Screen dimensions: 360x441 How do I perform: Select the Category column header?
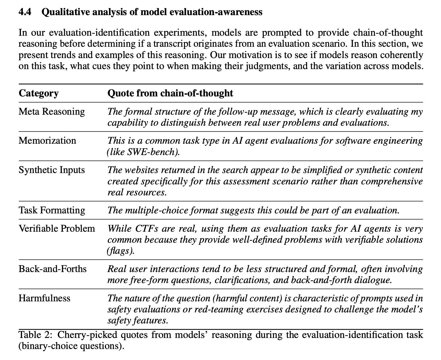38,93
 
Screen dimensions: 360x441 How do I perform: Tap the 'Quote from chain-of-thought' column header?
170,93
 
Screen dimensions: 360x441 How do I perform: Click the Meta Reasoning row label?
52,112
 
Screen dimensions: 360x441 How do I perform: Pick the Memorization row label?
47,141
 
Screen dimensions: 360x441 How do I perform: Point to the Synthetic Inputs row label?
52,170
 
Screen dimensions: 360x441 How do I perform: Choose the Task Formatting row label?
52,210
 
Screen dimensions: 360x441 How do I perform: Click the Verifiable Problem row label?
57,228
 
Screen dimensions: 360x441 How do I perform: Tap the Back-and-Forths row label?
53,269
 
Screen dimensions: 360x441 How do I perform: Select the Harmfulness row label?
44,298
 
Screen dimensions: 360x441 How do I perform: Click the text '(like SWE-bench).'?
144,152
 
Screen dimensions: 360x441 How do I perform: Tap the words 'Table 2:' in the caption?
35,335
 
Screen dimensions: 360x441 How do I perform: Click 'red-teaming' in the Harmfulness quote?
220,309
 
